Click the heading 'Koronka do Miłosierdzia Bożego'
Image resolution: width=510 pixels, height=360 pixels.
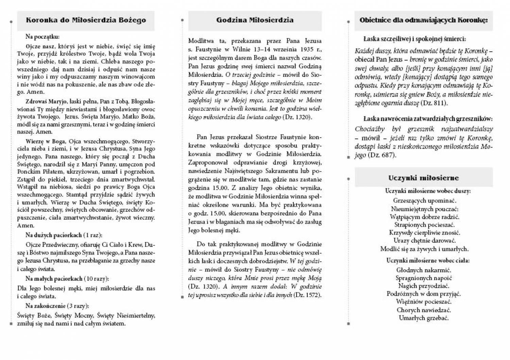[x=86, y=20]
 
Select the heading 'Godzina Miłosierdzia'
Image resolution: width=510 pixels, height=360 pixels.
[x=255, y=20]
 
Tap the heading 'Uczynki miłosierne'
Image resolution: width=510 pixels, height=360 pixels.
[x=423, y=178]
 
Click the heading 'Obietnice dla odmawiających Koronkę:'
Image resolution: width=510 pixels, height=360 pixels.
[x=423, y=20]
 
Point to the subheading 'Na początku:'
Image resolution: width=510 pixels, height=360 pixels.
[x=42, y=37]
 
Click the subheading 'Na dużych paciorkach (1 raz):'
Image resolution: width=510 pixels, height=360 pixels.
[x=64, y=235]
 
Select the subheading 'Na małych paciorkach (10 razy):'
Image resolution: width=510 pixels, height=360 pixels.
[x=67, y=279]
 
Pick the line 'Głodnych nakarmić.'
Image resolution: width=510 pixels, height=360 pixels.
[x=423, y=270]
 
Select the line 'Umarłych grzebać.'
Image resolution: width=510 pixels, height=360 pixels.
[x=423, y=318]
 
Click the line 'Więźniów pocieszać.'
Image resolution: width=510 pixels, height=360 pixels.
[x=423, y=302]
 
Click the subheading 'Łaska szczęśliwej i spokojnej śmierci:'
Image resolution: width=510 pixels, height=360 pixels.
[x=414, y=39]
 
